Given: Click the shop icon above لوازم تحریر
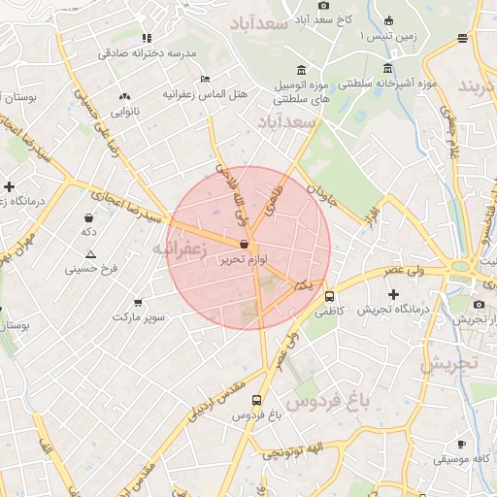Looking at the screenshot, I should [243, 244].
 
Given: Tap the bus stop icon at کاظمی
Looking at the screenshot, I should [329, 296].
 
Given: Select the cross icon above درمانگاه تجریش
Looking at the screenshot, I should [393, 294].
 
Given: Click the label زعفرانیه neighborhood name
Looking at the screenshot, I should [180, 249].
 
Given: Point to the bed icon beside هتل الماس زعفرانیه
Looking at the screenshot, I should [204, 79].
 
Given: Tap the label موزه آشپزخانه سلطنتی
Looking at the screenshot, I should [388, 84].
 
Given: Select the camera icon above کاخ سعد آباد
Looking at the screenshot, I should [324, 6].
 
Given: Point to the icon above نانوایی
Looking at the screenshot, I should [123, 96].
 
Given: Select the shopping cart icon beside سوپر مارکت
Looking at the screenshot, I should [138, 302].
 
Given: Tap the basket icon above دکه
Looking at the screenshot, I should [89, 218].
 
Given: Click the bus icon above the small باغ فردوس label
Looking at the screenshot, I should [256, 399].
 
